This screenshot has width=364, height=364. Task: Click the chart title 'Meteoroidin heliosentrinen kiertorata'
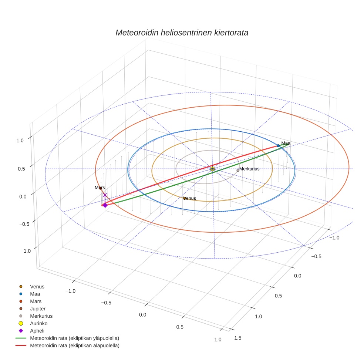coord(182,33)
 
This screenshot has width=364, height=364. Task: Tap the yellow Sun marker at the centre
coord(212,169)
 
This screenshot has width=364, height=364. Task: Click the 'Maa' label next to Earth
coord(286,143)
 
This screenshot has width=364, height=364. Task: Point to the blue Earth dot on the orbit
coord(278,146)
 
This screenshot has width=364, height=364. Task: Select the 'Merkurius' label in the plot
coord(249,169)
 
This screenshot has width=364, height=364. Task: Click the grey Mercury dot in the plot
coord(238,170)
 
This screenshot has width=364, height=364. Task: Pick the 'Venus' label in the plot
coord(190,198)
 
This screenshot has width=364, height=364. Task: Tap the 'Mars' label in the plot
coord(100,188)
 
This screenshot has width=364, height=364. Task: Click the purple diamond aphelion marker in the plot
coord(105,205)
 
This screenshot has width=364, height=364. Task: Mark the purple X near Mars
coord(105,195)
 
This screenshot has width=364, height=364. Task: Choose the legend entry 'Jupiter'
coord(38,309)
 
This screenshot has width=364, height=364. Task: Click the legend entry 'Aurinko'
coord(38,323)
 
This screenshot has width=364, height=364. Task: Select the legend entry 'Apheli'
coord(37,331)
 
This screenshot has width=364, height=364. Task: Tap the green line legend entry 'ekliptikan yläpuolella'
coord(74,338)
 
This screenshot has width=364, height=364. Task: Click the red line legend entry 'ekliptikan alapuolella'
coord(74,346)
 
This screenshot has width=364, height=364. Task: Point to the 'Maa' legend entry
coord(35,294)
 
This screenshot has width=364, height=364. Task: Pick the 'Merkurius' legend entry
coord(41,316)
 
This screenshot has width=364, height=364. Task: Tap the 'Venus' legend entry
coord(37,286)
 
